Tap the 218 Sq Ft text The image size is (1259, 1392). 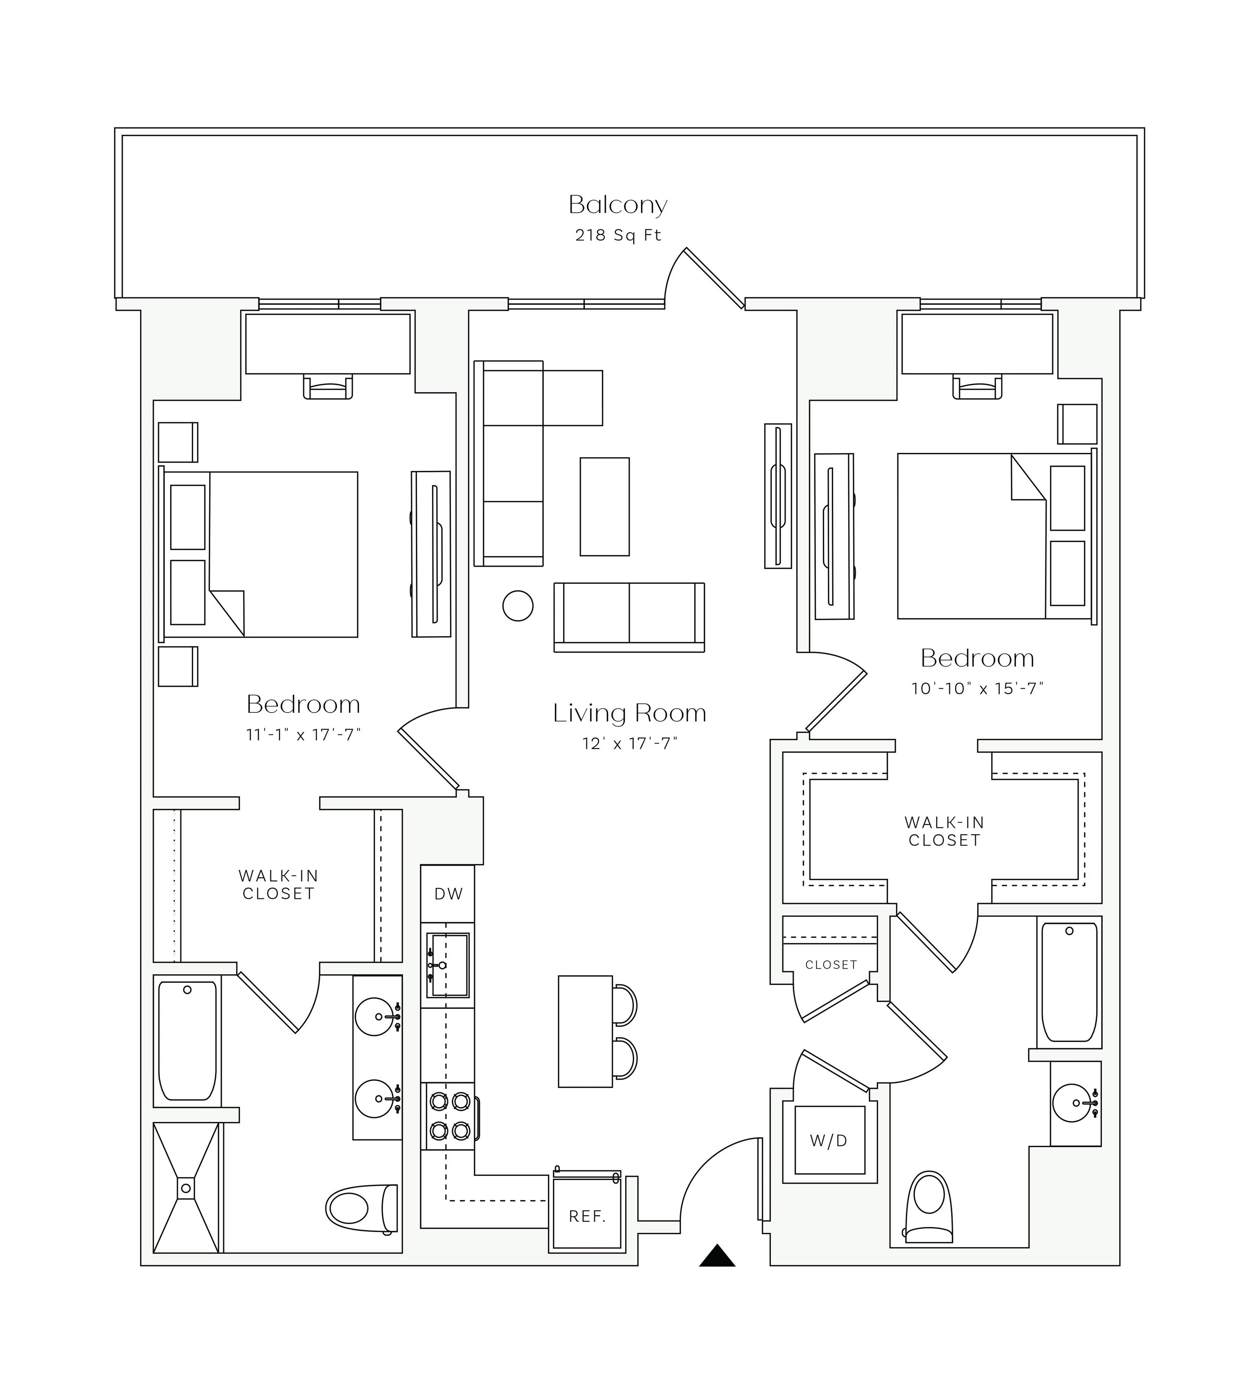coord(618,236)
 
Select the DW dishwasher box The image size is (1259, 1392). coord(448,894)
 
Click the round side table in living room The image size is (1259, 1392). coord(518,605)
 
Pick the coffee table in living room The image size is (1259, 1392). coord(604,506)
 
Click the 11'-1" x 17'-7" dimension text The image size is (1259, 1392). coord(304,735)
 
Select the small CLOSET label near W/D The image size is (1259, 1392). coord(830,965)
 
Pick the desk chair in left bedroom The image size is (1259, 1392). coord(328,388)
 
